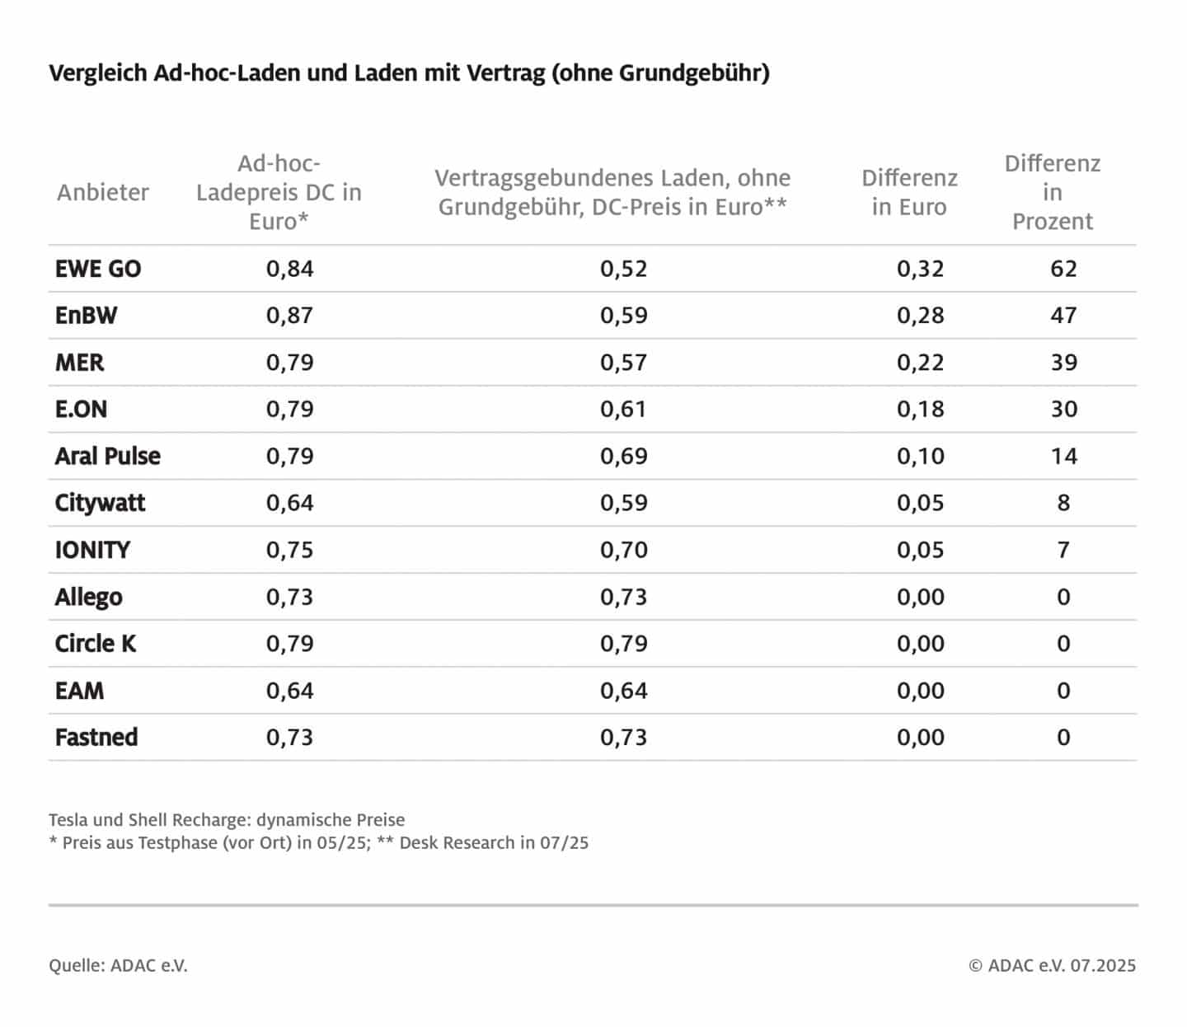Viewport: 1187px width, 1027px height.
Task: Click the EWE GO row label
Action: [98, 269]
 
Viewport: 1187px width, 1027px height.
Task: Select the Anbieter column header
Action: [103, 192]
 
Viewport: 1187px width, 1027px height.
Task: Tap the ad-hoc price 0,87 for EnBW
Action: [289, 316]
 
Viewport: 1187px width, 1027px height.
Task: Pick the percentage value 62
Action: [1063, 269]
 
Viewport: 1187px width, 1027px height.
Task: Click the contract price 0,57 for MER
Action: [623, 363]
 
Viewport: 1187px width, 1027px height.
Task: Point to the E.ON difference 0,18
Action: [920, 410]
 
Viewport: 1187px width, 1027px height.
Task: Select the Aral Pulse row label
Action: [107, 457]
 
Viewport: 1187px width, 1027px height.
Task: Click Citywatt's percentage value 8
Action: [1063, 503]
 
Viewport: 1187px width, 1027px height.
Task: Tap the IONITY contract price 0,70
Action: [623, 550]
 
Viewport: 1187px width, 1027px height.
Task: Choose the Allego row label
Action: [88, 597]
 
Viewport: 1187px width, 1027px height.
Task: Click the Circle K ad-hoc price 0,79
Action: [289, 644]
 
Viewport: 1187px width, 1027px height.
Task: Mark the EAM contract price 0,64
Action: [623, 691]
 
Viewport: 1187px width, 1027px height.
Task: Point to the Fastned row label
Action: [96, 738]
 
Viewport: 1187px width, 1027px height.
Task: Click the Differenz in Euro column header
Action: [909, 192]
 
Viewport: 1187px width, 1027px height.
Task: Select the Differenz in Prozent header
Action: [1052, 192]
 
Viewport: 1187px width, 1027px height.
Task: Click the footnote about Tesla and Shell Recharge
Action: [227, 820]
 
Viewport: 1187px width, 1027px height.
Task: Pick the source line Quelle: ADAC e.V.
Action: [118, 965]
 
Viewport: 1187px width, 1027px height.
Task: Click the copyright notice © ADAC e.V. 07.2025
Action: [1052, 965]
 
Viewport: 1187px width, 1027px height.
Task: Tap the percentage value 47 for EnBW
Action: [1063, 316]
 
